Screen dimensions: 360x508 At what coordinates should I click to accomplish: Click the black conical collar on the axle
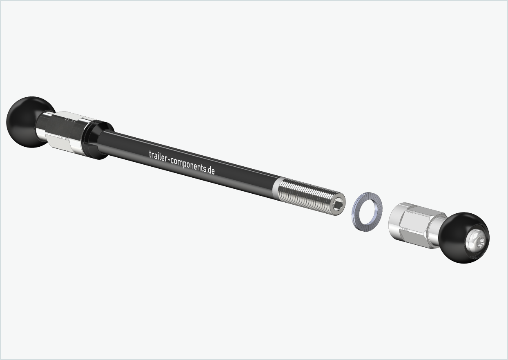pyautogui.click(x=98, y=139)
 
